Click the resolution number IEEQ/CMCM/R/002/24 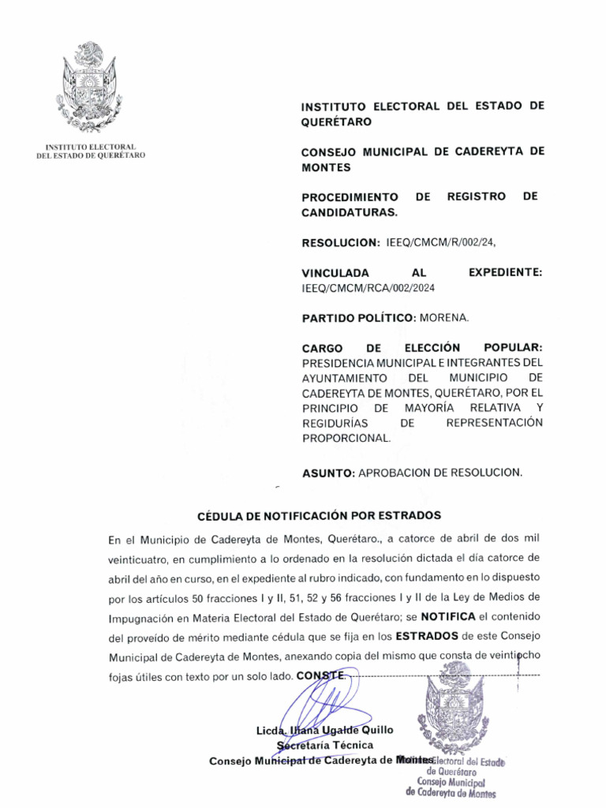pos(442,242)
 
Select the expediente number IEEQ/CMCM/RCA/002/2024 pos(368,288)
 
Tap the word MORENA pos(444,318)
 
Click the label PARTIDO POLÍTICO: pos(358,318)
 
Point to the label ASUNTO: pos(328,473)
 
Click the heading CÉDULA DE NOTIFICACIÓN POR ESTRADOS pos(319,515)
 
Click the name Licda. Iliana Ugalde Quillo pos(324,730)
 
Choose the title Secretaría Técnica pos(324,745)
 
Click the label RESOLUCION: pos(341,242)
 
